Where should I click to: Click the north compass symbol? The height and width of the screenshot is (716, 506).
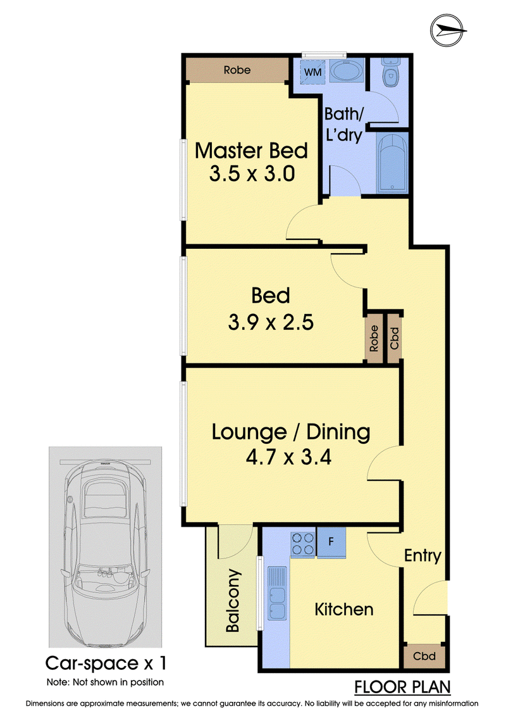click(448, 30)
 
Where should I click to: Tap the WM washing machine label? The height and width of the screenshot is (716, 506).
click(312, 72)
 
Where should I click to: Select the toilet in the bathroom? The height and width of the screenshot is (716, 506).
click(390, 72)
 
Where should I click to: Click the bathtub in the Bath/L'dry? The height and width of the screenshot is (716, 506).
click(392, 163)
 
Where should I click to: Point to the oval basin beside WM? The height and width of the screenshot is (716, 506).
click(346, 71)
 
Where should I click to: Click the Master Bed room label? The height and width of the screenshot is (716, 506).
click(251, 151)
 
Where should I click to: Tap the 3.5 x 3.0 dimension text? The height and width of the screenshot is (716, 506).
click(252, 174)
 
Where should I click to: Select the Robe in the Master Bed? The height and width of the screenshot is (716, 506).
click(237, 70)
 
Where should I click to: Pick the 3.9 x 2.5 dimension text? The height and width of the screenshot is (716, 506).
click(271, 322)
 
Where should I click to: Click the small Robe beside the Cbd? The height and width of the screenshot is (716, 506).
click(374, 338)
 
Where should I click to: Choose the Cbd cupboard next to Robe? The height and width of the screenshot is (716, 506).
click(395, 338)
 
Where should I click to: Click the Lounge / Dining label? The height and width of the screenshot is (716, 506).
click(291, 432)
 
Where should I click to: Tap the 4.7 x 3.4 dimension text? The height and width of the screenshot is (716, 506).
click(289, 457)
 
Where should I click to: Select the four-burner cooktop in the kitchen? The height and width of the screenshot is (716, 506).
click(303, 543)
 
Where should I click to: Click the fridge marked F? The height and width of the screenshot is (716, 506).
click(331, 542)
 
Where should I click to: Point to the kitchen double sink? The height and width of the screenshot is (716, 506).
click(276, 593)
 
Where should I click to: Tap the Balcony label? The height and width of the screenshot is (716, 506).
click(233, 600)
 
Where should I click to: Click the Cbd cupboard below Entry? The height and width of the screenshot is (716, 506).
click(424, 656)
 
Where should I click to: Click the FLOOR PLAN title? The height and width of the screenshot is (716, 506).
click(402, 688)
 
